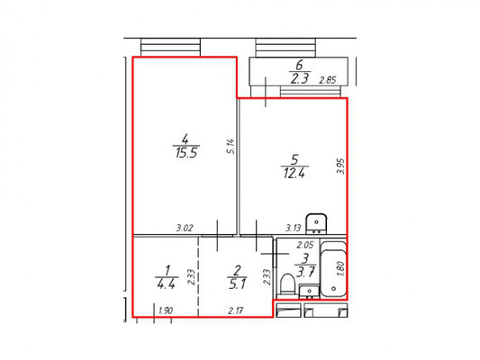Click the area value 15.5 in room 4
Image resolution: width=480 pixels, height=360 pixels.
click(186, 152)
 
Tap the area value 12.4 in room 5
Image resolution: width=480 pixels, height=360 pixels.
click(294, 174)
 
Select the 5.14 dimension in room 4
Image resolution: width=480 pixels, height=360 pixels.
click(231, 146)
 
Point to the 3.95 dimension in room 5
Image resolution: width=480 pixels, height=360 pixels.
click(340, 166)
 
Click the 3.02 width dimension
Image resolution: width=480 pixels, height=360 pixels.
click(185, 228)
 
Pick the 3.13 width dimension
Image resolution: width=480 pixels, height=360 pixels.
click(294, 228)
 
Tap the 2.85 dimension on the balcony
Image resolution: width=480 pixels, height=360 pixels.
click(328, 80)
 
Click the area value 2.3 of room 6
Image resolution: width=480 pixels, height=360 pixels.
click(299, 79)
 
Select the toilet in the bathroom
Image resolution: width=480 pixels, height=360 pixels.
click(287, 284)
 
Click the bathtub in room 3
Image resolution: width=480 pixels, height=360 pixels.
click(333, 268)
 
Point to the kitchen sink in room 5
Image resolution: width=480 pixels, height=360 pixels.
click(316, 224)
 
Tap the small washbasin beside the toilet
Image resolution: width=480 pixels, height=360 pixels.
click(309, 291)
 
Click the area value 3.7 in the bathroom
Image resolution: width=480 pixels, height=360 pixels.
click(305, 272)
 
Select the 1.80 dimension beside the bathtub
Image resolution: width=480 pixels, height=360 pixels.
click(340, 268)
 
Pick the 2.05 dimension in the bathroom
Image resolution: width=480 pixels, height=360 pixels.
click(305, 245)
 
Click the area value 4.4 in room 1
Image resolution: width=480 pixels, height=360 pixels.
click(167, 284)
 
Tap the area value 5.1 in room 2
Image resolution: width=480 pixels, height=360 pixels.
click(237, 284)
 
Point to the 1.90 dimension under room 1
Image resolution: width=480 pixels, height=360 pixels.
click(166, 310)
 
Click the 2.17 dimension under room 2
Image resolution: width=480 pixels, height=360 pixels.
click(236, 310)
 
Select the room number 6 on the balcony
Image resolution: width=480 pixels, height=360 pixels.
click(299, 65)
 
